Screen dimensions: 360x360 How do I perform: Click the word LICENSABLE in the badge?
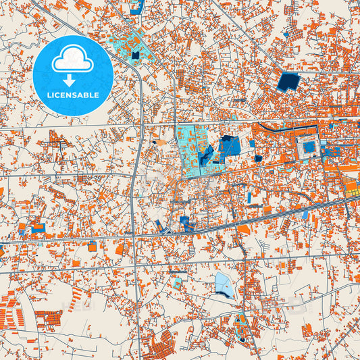[x=72, y=95]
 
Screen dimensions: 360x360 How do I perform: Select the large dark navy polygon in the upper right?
[x=290, y=82]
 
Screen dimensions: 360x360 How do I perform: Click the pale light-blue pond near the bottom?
[x=224, y=284]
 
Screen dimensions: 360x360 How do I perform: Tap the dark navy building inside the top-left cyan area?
[x=136, y=55]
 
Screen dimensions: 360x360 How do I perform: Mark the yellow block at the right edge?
[x=353, y=189]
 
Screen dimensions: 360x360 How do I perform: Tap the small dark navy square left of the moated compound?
[x=258, y=159]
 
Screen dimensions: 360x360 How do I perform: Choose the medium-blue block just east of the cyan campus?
[x=230, y=145]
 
